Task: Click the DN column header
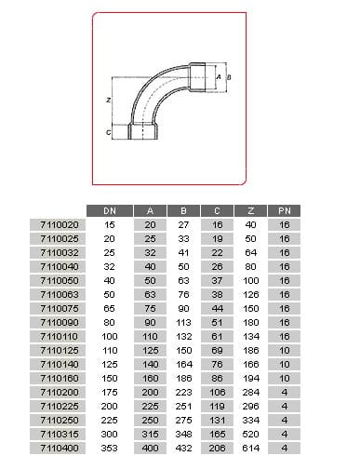[110, 211]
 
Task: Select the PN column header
[284, 211]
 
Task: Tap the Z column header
[250, 211]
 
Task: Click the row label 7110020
[60, 224]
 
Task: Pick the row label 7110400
[60, 448]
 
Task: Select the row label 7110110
[60, 336]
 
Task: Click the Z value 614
[250, 448]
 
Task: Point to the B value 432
[183, 448]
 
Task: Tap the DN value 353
[110, 448]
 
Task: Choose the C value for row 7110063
[217, 294]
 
